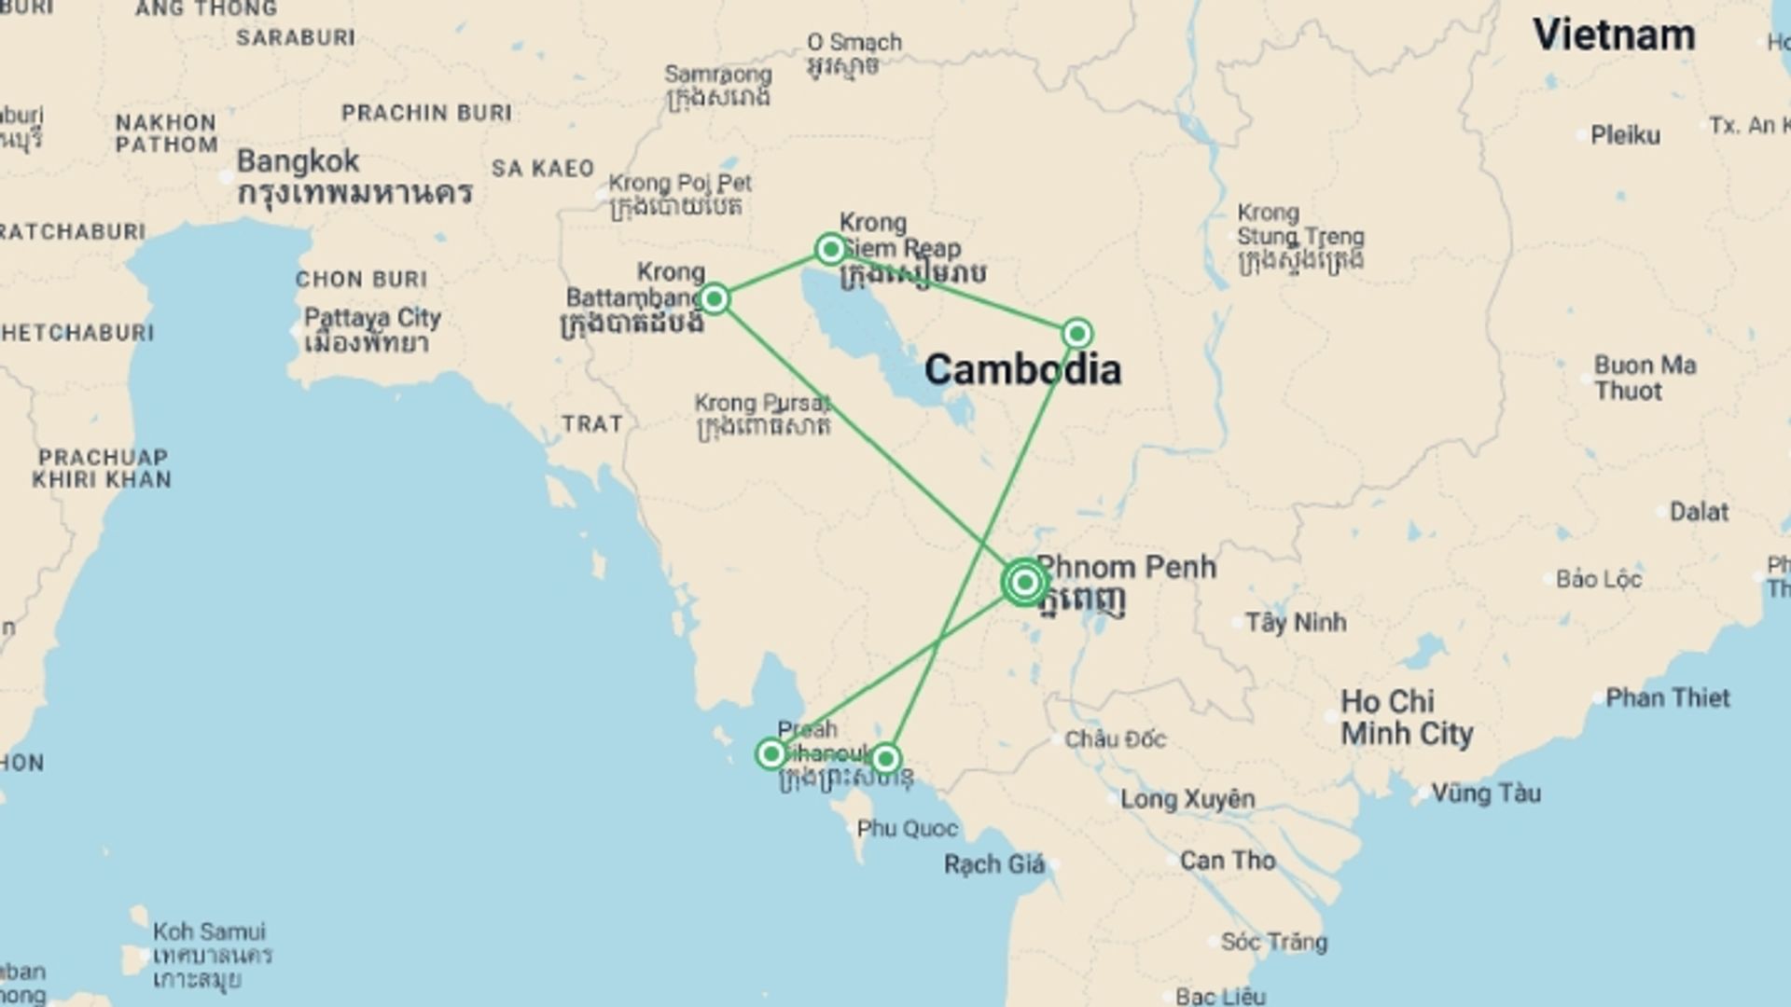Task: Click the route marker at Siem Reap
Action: [x=830, y=249]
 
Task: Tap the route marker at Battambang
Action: [x=715, y=299]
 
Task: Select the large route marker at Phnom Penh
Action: [x=1024, y=583]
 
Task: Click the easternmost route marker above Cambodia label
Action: [x=1077, y=334]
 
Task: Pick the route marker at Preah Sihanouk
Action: [x=771, y=753]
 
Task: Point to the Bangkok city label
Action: [x=298, y=161]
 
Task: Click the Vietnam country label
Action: [x=1614, y=35]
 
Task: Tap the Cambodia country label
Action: [x=1022, y=370]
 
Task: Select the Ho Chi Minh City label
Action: [x=1407, y=718]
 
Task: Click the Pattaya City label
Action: [x=372, y=318]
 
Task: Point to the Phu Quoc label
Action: [x=907, y=828]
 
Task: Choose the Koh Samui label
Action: [x=209, y=931]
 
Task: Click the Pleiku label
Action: [x=1625, y=135]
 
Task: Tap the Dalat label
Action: [x=1699, y=512]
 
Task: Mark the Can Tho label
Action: [x=1227, y=860]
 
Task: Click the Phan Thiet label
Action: [x=1667, y=697]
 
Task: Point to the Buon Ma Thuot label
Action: [x=1645, y=378]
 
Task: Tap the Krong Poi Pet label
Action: [x=680, y=184]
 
